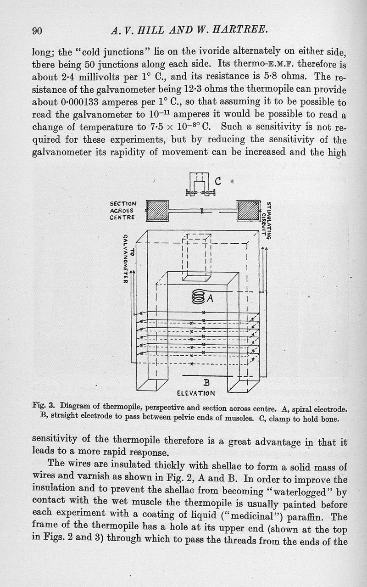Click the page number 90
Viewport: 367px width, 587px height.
click(x=37, y=31)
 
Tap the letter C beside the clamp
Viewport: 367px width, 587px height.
click(x=218, y=181)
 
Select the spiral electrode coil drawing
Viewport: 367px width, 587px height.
click(x=199, y=297)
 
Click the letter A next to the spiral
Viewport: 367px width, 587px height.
click(x=211, y=298)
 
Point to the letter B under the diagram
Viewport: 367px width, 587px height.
click(x=206, y=382)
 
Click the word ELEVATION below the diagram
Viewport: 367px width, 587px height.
click(x=196, y=393)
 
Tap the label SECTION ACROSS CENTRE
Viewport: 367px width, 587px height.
click(x=123, y=210)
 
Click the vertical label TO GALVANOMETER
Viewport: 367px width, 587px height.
click(x=127, y=258)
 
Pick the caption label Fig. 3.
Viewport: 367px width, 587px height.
click(x=44, y=406)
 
